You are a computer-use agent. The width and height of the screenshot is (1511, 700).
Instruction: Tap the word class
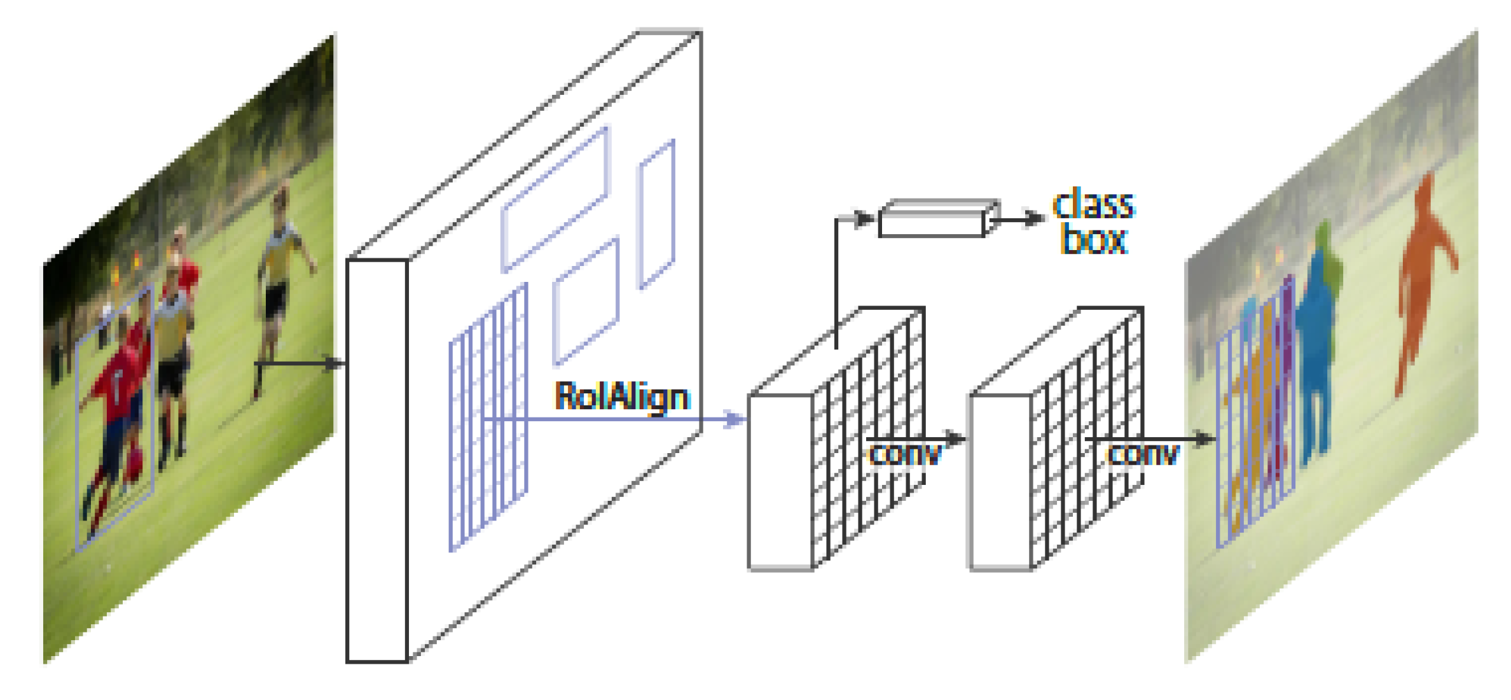coord(1093,205)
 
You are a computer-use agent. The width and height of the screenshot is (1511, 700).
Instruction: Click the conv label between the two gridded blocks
coord(904,454)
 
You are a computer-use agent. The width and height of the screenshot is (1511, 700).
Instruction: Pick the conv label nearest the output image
coord(1143,454)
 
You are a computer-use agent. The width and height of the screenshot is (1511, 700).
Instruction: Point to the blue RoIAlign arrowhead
coord(736,419)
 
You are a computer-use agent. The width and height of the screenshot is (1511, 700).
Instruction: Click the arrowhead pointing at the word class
coord(1035,220)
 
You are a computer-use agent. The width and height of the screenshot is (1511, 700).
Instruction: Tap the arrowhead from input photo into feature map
coord(335,364)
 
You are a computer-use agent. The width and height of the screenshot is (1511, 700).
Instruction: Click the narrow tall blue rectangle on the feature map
coord(656,214)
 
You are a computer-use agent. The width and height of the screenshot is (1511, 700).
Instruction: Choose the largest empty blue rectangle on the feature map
coord(555,199)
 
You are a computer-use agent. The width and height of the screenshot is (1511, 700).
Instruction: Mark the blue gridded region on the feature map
coord(488,417)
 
